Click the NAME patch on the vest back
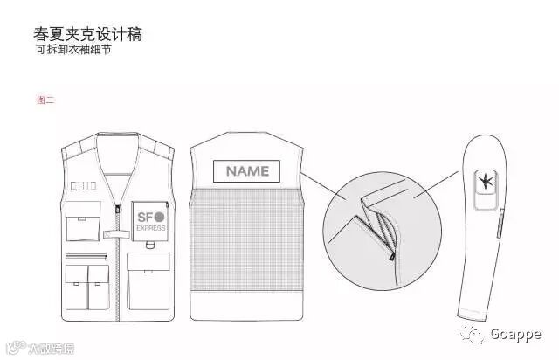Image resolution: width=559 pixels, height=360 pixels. coord(247,171)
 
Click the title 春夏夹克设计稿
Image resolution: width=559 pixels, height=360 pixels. coord(87,35)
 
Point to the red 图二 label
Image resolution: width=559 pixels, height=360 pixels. coord(45,100)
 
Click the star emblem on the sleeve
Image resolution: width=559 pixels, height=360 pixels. coord(483,182)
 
